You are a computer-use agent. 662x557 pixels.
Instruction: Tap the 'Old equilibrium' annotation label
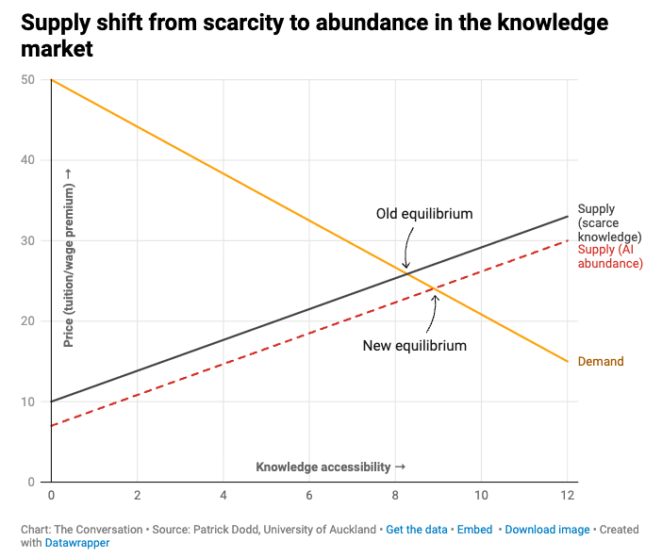[424, 214]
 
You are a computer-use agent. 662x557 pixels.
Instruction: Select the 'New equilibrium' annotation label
[415, 346]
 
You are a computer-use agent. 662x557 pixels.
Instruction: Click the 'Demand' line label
[601, 361]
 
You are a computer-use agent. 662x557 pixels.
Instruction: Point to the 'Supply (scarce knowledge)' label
[609, 222]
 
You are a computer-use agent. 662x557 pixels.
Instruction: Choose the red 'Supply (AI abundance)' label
[609, 256]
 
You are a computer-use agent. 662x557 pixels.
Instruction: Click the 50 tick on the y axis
[29, 80]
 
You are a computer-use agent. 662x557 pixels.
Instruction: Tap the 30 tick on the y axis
[29, 241]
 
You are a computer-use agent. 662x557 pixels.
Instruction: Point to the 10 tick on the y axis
[29, 402]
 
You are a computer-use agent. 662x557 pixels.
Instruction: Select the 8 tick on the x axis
[395, 495]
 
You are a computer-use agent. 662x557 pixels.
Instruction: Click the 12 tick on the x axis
[568, 495]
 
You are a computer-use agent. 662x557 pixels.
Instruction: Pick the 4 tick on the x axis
[223, 495]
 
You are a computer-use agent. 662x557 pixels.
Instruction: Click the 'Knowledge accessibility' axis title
[330, 467]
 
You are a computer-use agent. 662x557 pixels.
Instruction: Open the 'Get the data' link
[416, 530]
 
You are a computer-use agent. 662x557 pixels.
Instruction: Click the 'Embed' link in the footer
[475, 530]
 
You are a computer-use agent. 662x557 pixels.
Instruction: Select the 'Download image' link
[547, 530]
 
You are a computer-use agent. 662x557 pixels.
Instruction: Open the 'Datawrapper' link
[77, 543]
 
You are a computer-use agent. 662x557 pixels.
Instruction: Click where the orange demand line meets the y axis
[51, 80]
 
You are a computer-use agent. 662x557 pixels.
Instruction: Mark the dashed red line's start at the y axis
[51, 426]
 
